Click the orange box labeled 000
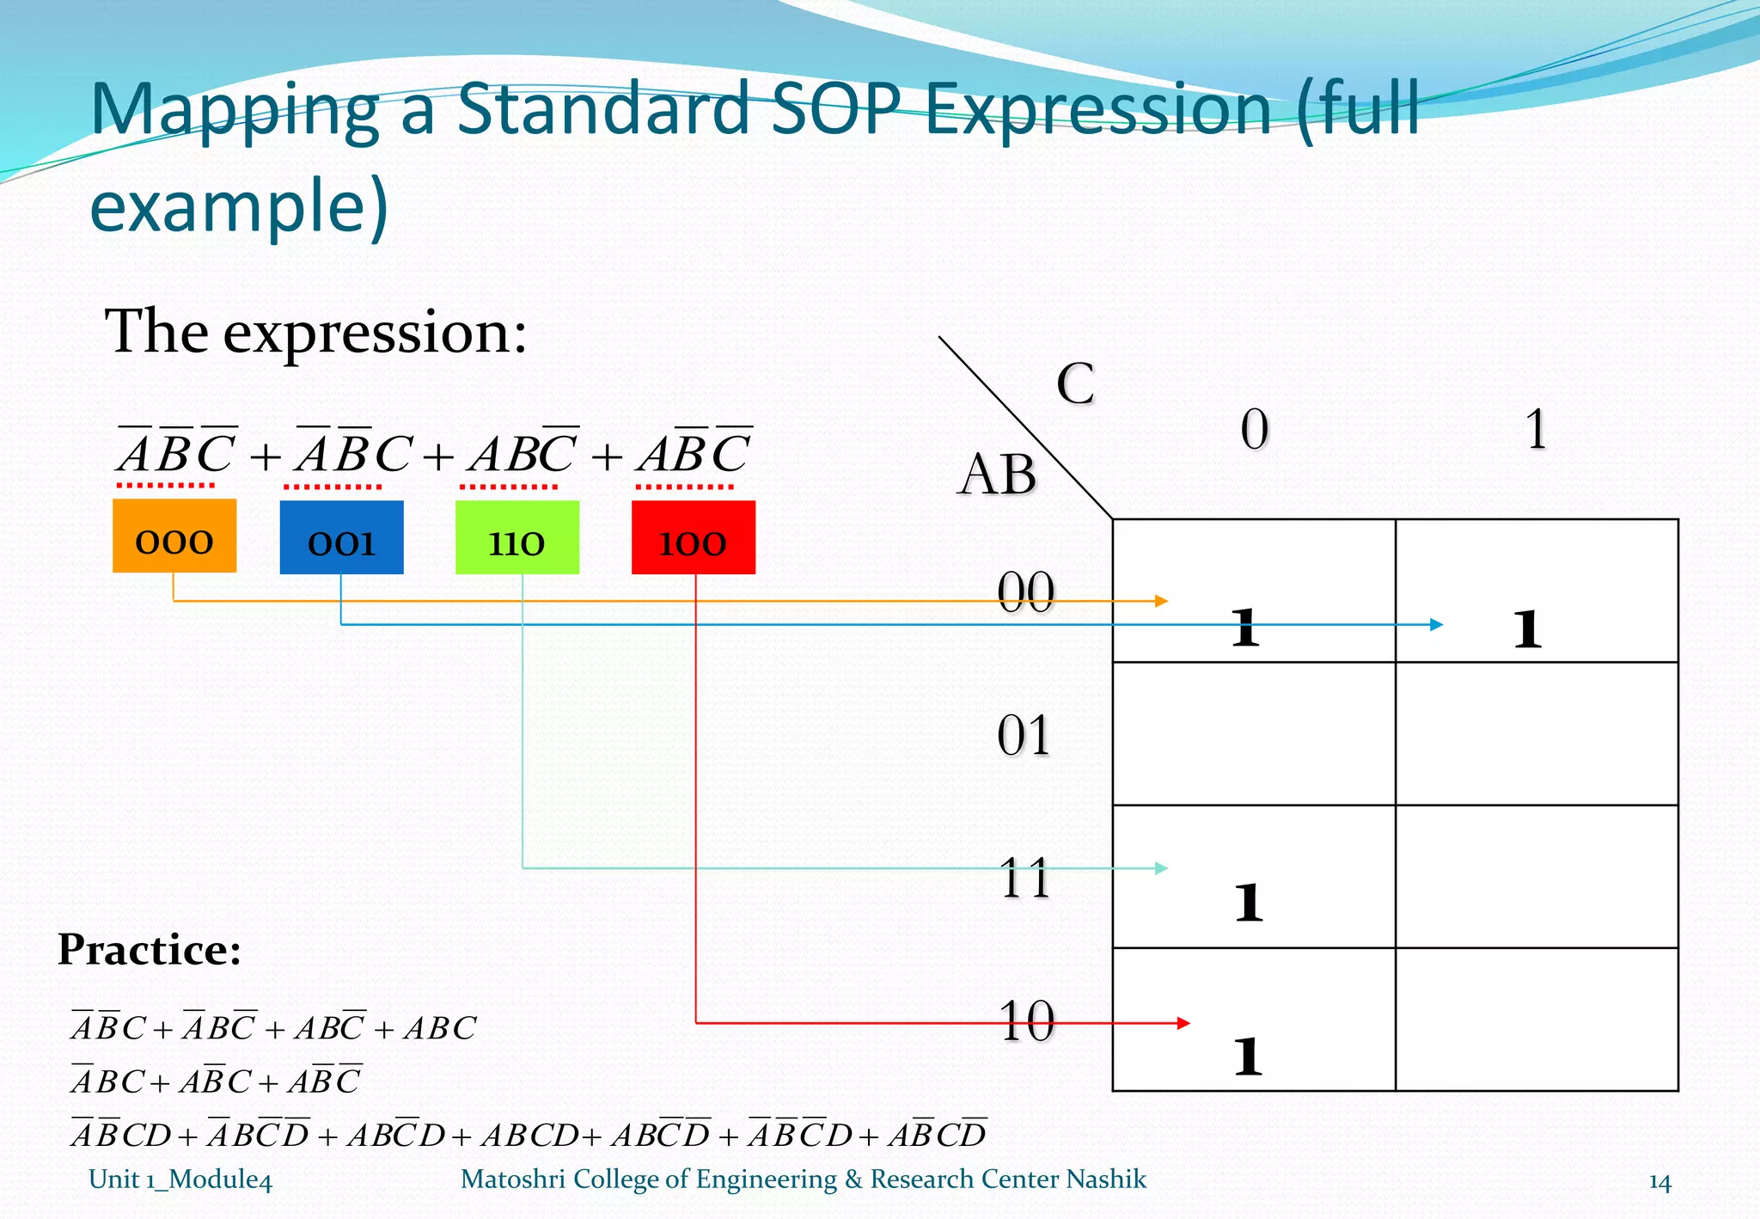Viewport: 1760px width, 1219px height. (174, 536)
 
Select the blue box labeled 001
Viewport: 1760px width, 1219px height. (341, 538)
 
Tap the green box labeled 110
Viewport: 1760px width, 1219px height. (516, 538)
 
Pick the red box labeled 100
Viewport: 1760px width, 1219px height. (693, 538)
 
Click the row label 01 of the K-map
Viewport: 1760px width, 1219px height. (1024, 736)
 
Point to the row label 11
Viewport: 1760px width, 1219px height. (1024, 879)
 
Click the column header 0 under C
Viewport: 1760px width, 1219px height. (1254, 429)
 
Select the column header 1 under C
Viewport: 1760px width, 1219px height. (1536, 429)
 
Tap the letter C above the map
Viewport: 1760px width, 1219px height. (1075, 383)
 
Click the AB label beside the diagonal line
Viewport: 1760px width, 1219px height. (997, 475)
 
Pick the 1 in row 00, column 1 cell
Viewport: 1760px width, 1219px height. (1527, 629)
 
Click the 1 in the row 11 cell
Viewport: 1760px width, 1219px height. (1248, 903)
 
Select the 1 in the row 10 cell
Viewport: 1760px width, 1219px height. (1248, 1057)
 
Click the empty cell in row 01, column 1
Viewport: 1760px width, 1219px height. (1537, 733)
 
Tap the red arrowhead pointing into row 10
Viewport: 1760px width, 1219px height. (1183, 1023)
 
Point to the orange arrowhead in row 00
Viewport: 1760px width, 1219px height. (1162, 601)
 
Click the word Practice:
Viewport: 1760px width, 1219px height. (150, 950)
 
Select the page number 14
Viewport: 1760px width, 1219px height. (1659, 1183)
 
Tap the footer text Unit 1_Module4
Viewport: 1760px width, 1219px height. (180, 1179)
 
